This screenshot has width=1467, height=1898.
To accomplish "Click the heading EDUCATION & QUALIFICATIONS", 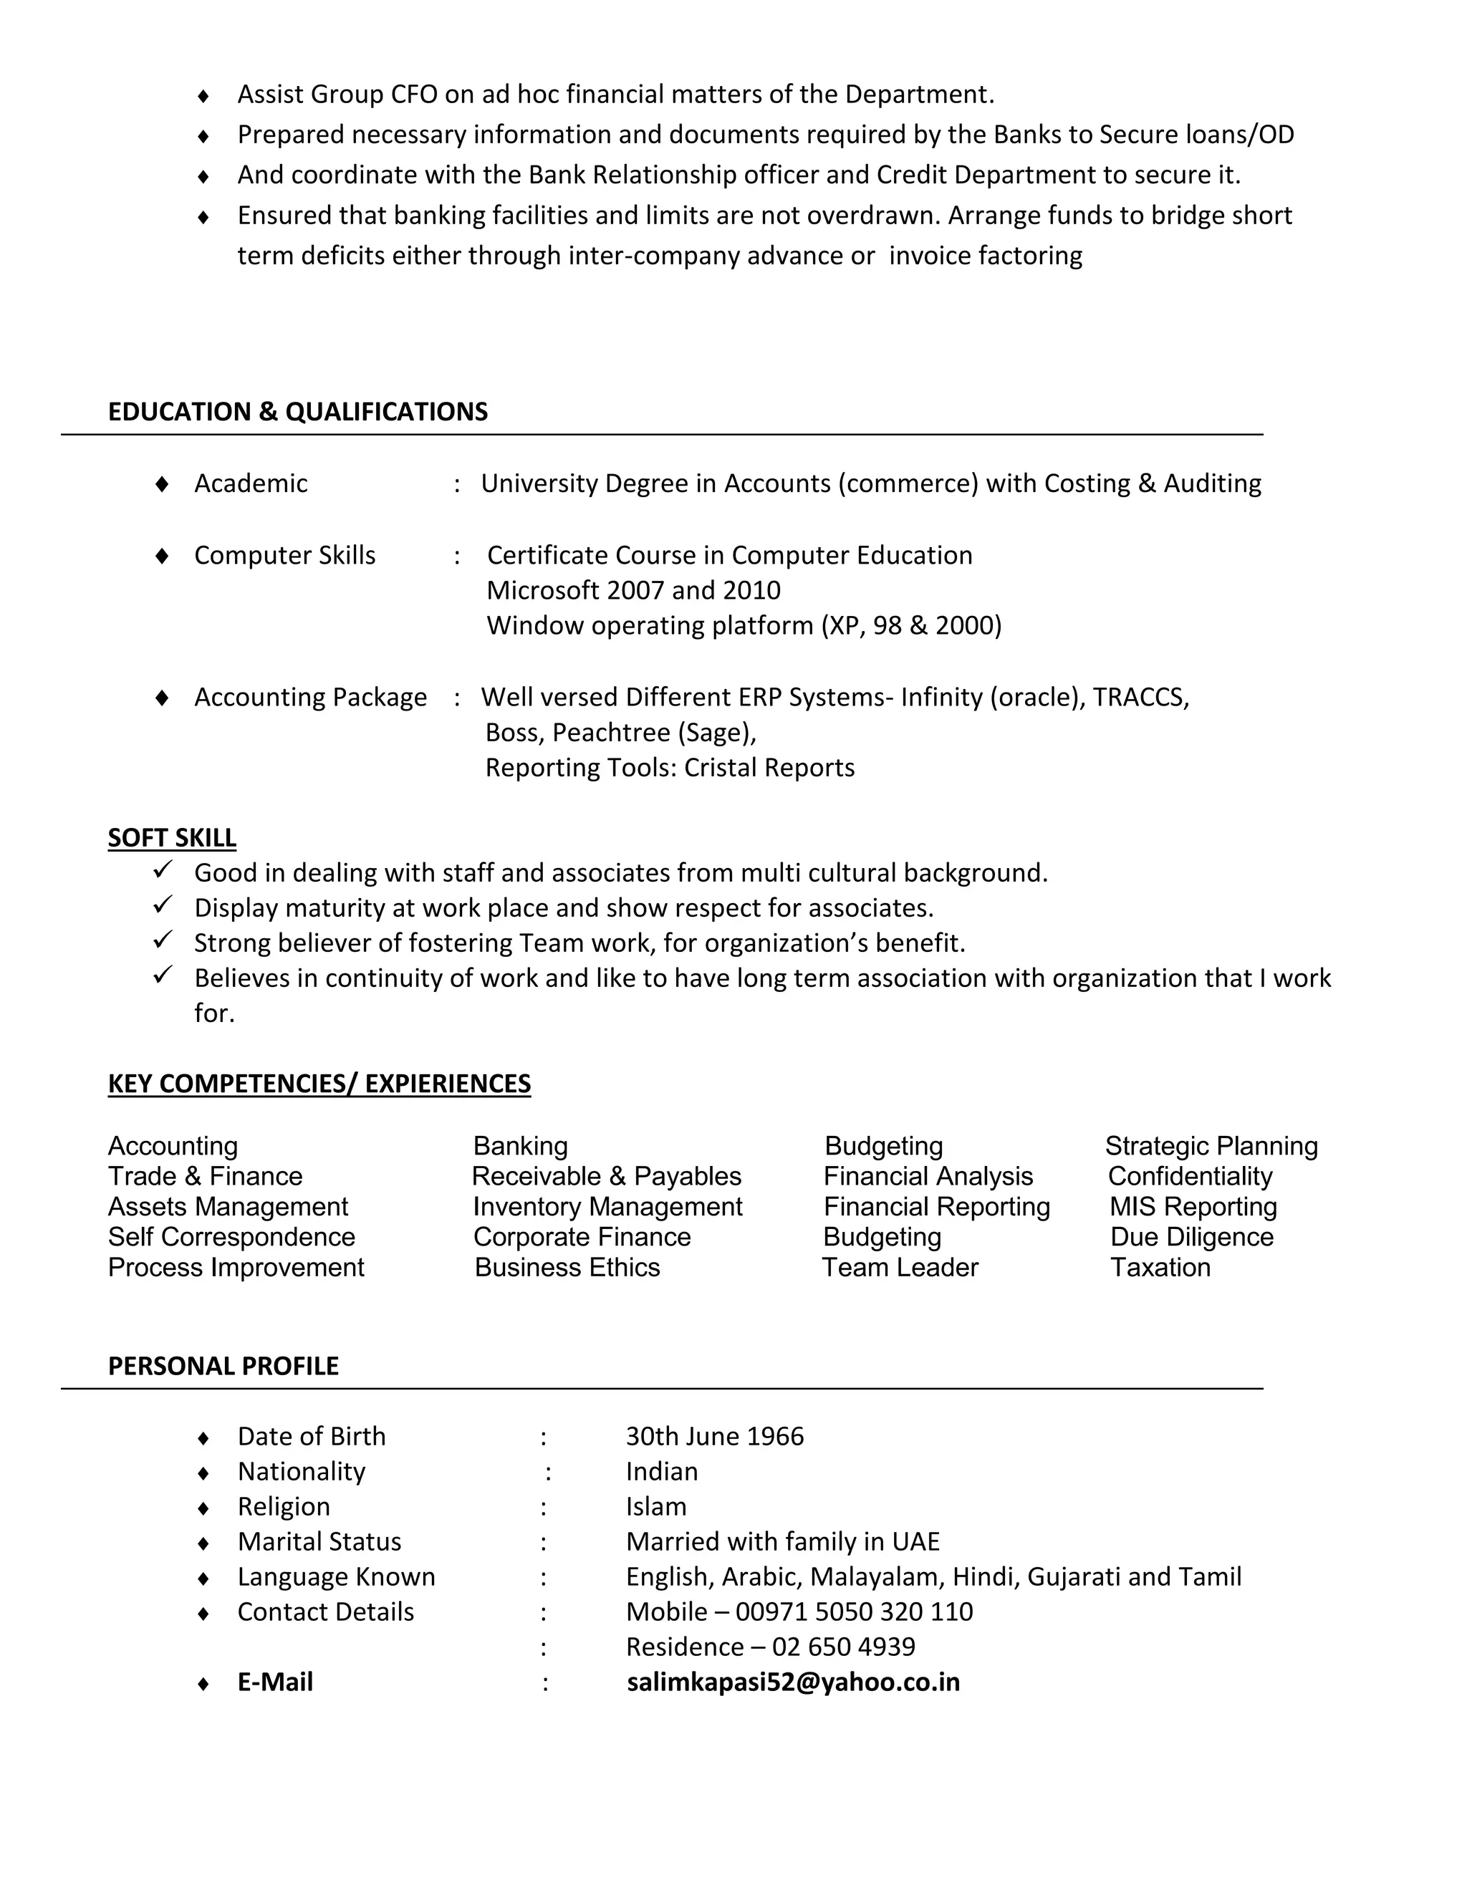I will point(297,411).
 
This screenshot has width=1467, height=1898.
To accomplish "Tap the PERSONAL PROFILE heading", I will point(223,1365).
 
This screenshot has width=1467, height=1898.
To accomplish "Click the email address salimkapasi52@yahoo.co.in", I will point(793,1682).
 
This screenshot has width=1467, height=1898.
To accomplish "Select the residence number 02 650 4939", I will point(843,1646).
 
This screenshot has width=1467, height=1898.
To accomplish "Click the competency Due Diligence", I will point(1191,1237).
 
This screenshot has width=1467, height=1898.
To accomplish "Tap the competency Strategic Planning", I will point(1211,1145).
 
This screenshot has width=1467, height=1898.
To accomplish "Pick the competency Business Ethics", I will point(567,1267).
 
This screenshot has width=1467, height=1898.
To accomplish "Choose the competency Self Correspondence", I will point(231,1237).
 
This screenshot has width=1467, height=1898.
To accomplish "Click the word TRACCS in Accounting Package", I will point(1140,697).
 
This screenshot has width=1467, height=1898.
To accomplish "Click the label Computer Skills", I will point(284,554).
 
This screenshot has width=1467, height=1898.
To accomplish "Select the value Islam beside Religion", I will point(655,1506).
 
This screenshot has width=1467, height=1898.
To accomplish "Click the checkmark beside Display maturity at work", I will point(163,905).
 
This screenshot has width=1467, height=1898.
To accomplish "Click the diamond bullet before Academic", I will point(162,483).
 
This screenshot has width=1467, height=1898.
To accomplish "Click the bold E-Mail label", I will point(274,1682).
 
